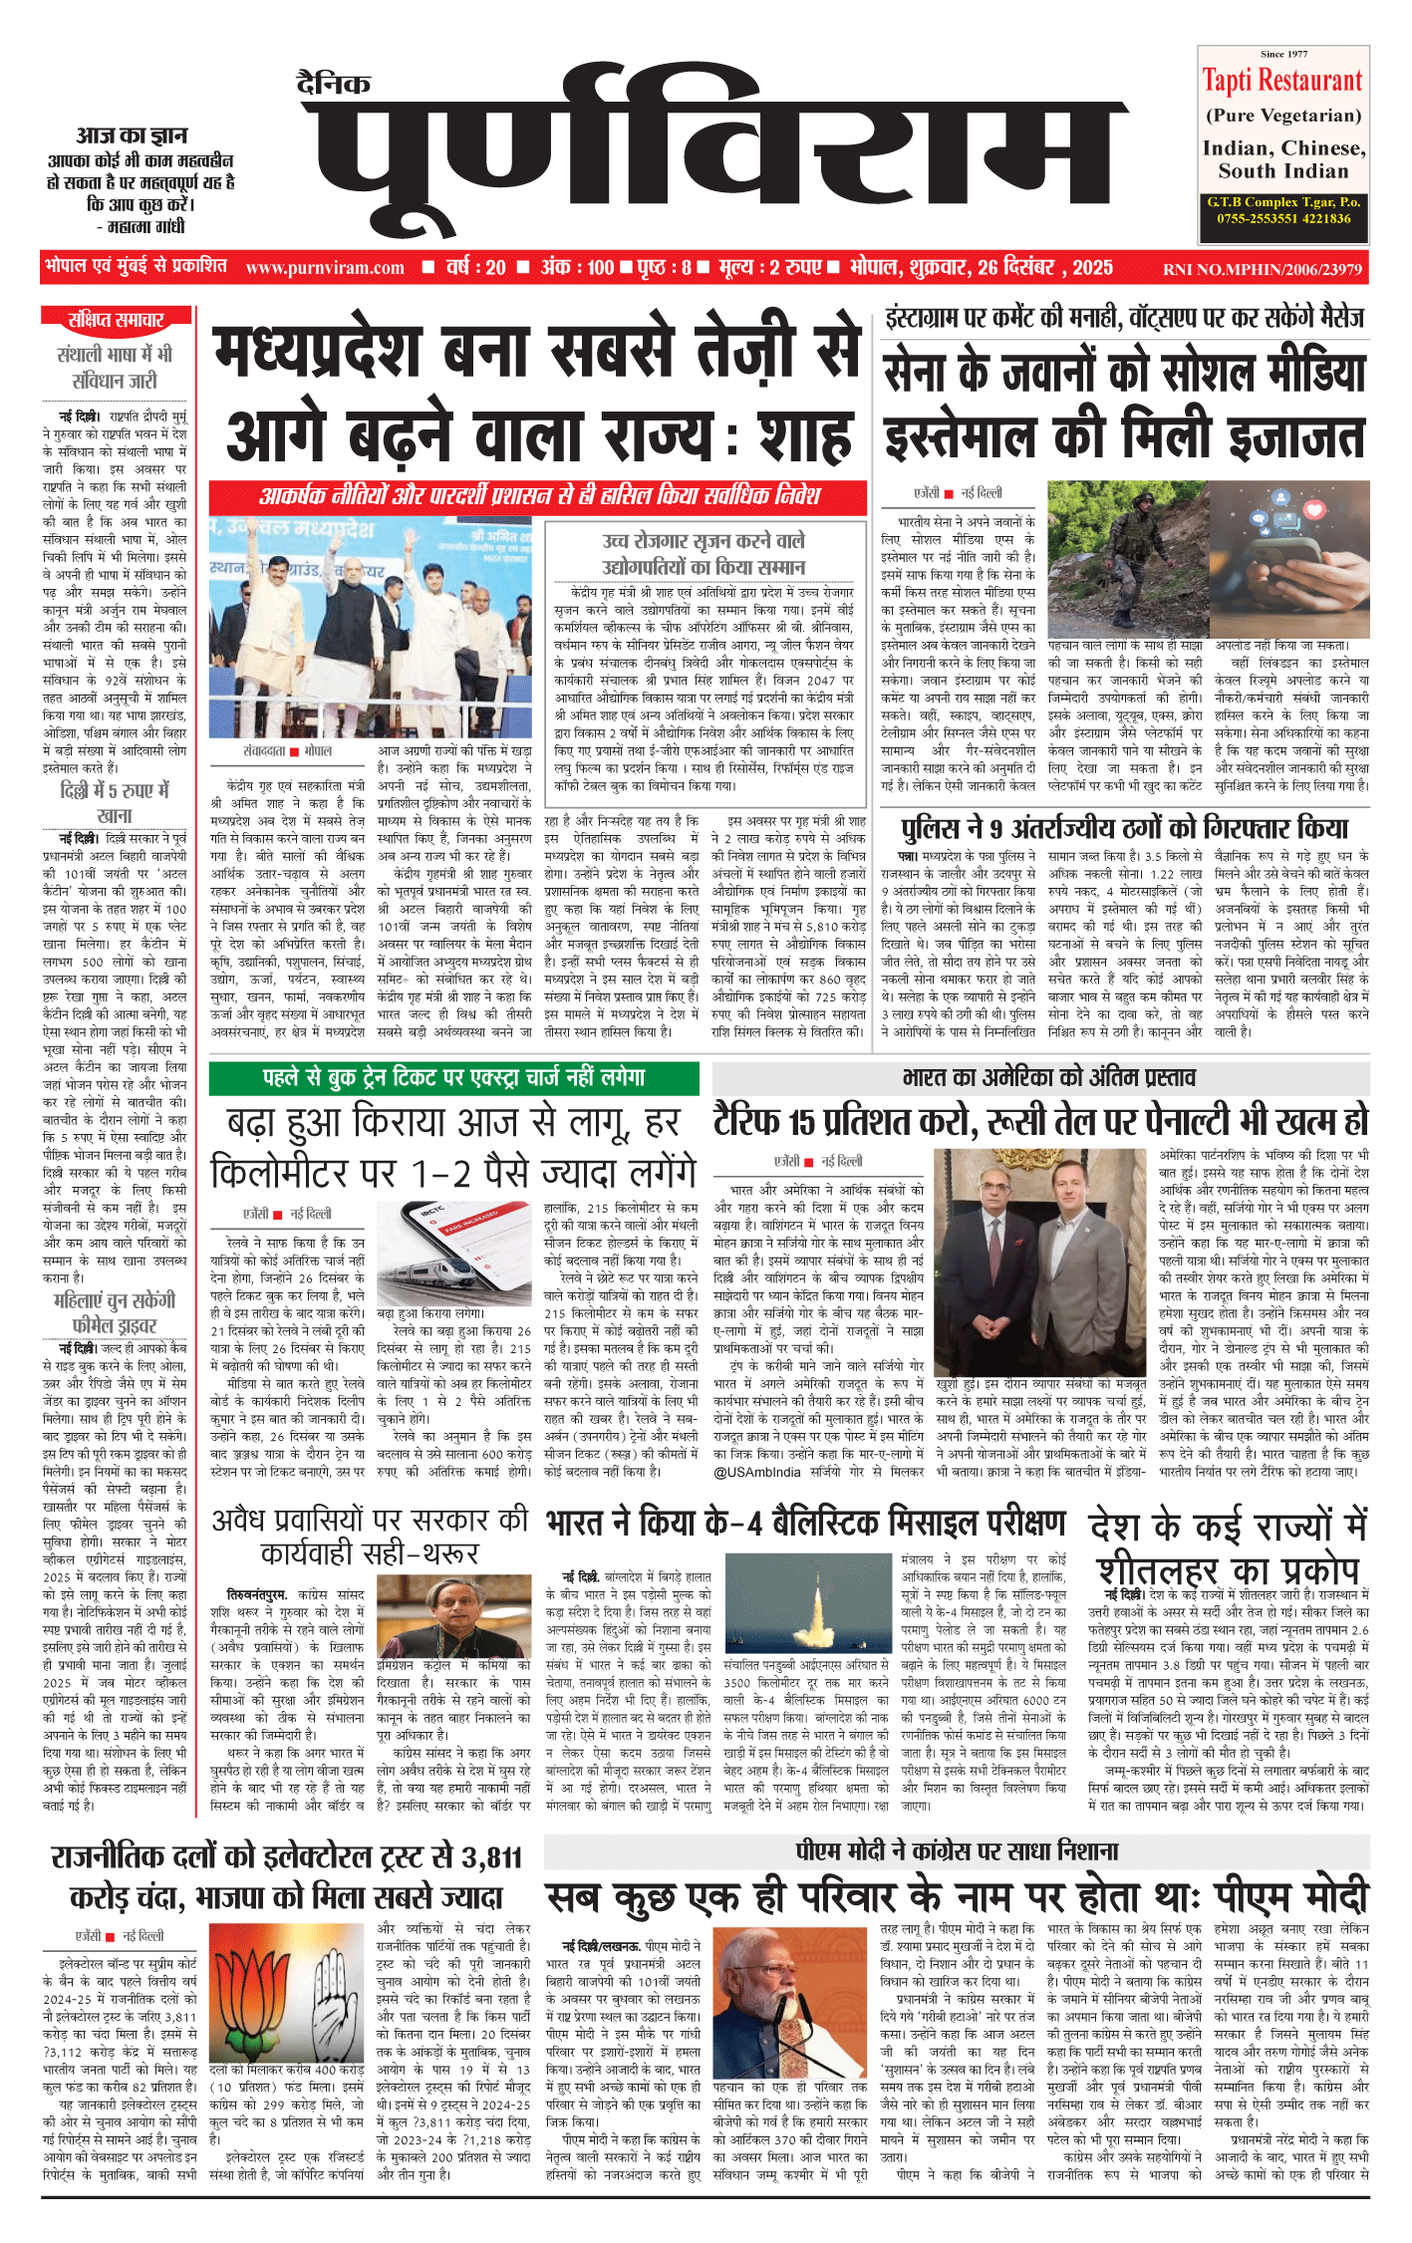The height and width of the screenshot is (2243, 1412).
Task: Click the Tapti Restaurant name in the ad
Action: pyautogui.click(x=1281, y=81)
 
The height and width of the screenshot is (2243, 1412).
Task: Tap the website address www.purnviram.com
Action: pyautogui.click(x=325, y=268)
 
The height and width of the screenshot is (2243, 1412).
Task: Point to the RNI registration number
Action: pyautogui.click(x=1262, y=269)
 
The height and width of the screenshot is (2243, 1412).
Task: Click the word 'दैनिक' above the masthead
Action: pyautogui.click(x=334, y=85)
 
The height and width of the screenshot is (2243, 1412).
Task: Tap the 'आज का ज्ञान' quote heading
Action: pyautogui.click(x=132, y=136)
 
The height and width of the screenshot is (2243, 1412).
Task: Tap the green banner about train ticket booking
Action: pyautogui.click(x=454, y=1077)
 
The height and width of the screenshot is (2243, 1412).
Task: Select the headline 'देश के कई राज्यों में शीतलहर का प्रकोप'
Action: pyautogui.click(x=1229, y=1548)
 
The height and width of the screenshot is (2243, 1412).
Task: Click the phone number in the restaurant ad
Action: pyautogui.click(x=1283, y=218)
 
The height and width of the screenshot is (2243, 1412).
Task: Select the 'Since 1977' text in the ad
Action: pyautogui.click(x=1283, y=54)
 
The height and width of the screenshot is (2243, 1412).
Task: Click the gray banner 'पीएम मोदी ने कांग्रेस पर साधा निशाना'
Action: pyautogui.click(x=957, y=1852)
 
